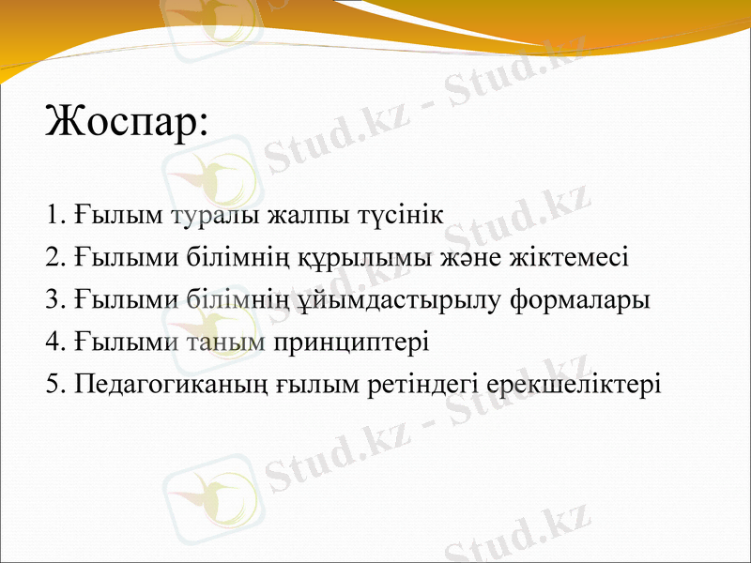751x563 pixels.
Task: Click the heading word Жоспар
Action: click(x=125, y=122)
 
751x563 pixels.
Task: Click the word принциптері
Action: click(x=350, y=342)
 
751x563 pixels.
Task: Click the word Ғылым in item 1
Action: click(x=121, y=215)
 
